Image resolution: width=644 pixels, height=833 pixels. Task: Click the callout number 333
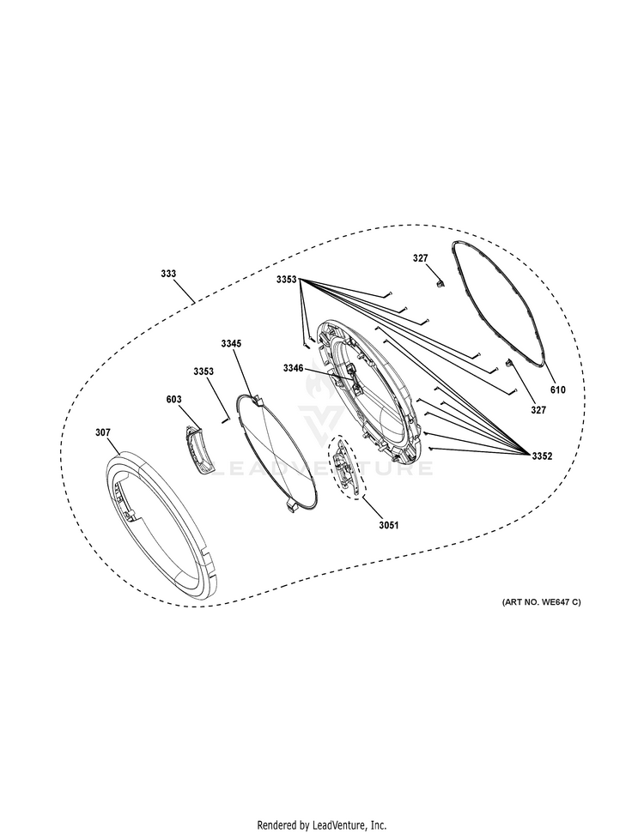pos(168,274)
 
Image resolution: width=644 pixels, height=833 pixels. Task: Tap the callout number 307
pos(103,432)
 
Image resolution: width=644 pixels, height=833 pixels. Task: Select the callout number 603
pos(173,400)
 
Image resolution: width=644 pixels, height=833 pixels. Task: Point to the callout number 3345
pos(231,344)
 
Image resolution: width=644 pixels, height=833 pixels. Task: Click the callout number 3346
pos(293,368)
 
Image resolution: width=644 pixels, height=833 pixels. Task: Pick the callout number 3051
pos(389,525)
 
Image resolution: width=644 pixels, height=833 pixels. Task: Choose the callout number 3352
pos(542,456)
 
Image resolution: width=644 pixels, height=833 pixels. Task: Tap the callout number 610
pos(558,390)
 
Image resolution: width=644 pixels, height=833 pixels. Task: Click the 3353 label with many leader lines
pos(286,279)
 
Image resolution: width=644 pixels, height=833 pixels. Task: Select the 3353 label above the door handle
pos(204,371)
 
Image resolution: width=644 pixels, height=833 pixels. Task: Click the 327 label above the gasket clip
pos(420,258)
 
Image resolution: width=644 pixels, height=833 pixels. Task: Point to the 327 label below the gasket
pos(538,410)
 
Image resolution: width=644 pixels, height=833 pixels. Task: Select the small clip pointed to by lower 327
pos(507,364)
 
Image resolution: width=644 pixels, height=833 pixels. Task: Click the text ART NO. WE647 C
pos(541,602)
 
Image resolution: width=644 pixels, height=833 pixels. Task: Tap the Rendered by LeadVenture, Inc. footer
pos(322,825)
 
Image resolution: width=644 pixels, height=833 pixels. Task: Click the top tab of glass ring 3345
pos(258,399)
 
